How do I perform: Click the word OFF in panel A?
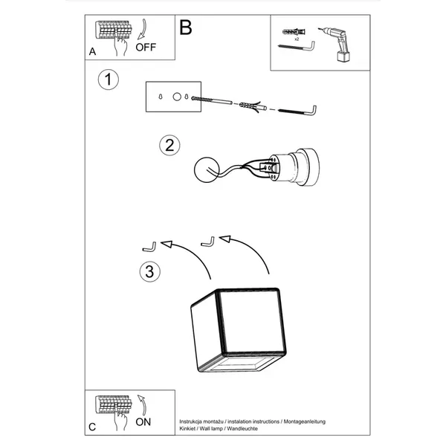[x=146, y=48]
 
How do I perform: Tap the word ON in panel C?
[x=143, y=422]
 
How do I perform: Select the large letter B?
[x=186, y=28]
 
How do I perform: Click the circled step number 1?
[x=108, y=80]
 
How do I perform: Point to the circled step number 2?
[x=169, y=146]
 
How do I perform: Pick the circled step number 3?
[x=150, y=271]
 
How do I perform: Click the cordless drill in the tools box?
[x=336, y=44]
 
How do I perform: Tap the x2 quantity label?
[x=297, y=39]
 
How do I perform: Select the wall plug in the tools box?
[x=294, y=32]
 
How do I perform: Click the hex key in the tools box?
[x=296, y=47]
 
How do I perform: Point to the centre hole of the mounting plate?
[x=177, y=97]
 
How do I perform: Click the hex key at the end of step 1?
[x=297, y=111]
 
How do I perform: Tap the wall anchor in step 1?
[x=253, y=106]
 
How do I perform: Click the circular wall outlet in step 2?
[x=207, y=169]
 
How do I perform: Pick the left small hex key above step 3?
[x=149, y=247]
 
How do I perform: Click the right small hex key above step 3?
[x=207, y=242]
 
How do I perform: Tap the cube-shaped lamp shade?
[x=239, y=330]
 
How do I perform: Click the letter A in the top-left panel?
[x=92, y=52]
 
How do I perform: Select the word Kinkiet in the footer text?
[x=187, y=428]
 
